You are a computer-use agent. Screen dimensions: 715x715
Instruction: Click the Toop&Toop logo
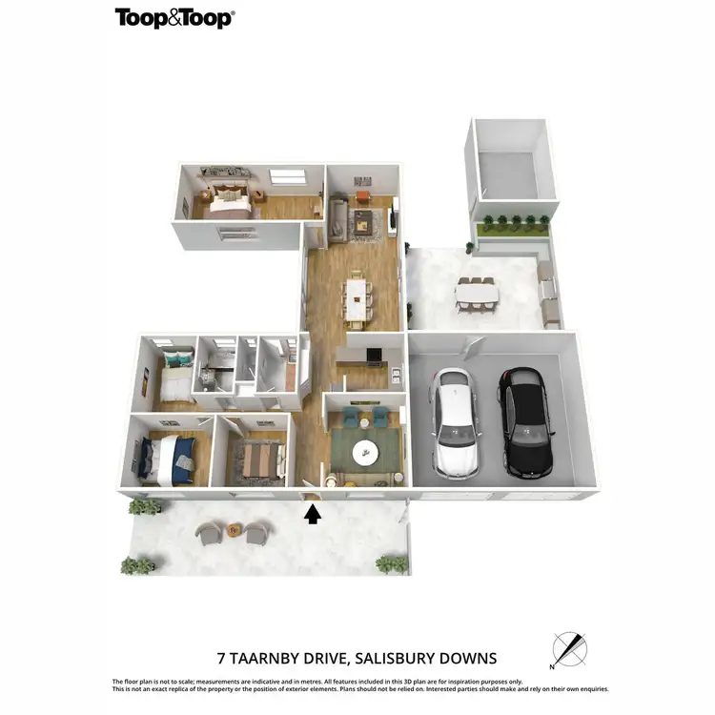[x=174, y=17]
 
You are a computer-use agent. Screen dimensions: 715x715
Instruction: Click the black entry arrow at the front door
[x=312, y=515]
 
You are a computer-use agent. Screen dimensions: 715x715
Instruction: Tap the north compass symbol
[x=570, y=650]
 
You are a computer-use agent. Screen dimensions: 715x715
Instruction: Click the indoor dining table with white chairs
[x=358, y=296]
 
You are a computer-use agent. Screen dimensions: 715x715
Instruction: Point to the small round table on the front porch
[x=234, y=530]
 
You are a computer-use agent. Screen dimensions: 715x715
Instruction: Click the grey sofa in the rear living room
[x=338, y=217]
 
